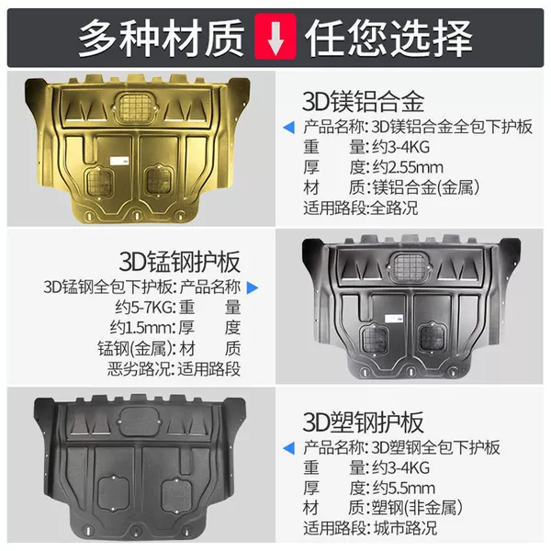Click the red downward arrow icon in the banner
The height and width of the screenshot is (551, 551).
coord(275,36)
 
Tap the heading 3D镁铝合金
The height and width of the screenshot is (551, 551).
coord(363,101)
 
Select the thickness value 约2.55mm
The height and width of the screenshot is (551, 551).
coord(408,167)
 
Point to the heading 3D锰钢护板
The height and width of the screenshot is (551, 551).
coord(180,262)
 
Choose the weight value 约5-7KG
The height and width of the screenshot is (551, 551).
coord(143,308)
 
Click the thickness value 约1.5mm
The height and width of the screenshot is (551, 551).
coord(141,328)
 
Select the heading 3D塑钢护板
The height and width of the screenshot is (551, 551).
coord(363,422)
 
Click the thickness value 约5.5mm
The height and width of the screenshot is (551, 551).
coord(404,489)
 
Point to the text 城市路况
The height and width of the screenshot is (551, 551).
coord(405,528)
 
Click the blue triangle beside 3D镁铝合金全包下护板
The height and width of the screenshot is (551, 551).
coord(289,128)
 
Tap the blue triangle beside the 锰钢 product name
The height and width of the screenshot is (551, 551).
coord(253,287)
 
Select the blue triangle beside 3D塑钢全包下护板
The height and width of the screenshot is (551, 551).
coord(289,448)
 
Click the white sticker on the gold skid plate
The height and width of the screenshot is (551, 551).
coord(119,162)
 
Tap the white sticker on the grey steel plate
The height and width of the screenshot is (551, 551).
coord(394,319)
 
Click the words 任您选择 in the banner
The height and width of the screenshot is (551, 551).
coord(388,38)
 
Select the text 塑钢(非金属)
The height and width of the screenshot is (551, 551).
coord(417,508)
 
